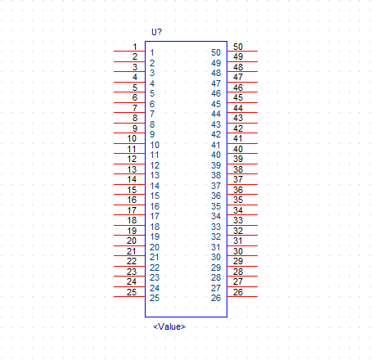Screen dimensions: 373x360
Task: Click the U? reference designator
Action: pyautogui.click(x=156, y=32)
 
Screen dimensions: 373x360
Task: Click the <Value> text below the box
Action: pyautogui.click(x=169, y=326)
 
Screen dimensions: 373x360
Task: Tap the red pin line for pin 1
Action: pyautogui.click(x=129, y=51)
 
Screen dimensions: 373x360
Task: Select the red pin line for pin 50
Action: pyautogui.click(x=242, y=51)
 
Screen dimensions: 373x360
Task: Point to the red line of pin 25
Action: pyautogui.click(x=129, y=296)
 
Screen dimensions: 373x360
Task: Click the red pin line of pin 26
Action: pyautogui.click(x=242, y=296)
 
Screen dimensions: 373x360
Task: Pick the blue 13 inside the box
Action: pyautogui.click(x=155, y=175)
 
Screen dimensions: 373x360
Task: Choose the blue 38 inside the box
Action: pyautogui.click(x=216, y=175)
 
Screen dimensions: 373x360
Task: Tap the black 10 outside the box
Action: pyautogui.click(x=132, y=138)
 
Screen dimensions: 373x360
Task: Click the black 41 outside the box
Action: pyautogui.click(x=238, y=138)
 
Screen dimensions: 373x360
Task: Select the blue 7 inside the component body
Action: pyautogui.click(x=152, y=114)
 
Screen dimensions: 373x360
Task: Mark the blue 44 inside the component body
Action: pyautogui.click(x=216, y=114)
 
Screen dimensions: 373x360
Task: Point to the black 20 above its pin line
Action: pyautogui.click(x=132, y=241)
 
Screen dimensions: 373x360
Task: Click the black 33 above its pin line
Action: pyautogui.click(x=238, y=220)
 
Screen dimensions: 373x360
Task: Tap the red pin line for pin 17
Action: pyautogui.click(x=129, y=214)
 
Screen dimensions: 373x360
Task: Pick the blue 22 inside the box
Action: pyautogui.click(x=155, y=268)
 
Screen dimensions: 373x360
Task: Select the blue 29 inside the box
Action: pyautogui.click(x=216, y=268)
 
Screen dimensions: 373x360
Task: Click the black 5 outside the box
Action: pyautogui.click(x=135, y=88)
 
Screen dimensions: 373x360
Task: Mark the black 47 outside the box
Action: pyautogui.click(x=238, y=77)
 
